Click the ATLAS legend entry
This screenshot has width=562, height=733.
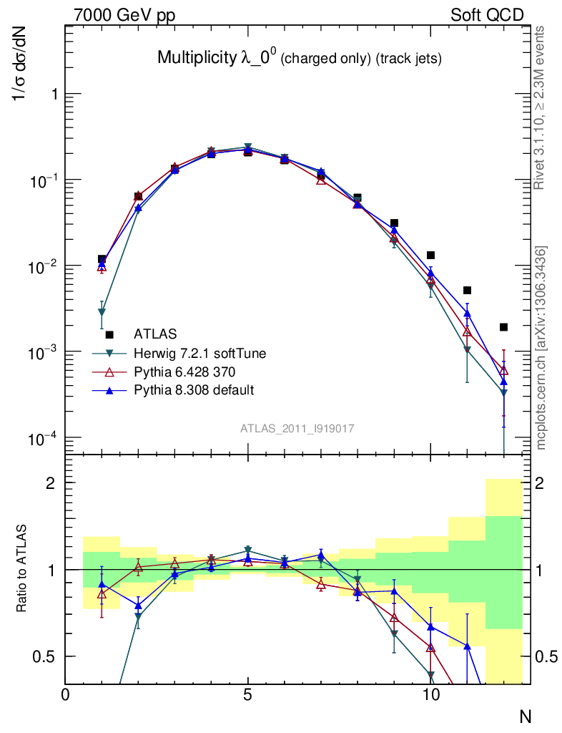(x=155, y=334)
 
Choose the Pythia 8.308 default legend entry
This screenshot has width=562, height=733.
(x=194, y=390)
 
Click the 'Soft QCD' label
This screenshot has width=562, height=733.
(x=487, y=15)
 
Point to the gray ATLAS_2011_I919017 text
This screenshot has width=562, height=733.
(x=297, y=428)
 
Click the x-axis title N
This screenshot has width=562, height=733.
(x=525, y=715)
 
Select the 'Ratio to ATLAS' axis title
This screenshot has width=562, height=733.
(x=21, y=569)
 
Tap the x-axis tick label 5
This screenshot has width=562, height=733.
(x=247, y=695)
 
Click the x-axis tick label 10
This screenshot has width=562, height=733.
(x=430, y=695)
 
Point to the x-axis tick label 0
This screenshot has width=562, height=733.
(x=65, y=695)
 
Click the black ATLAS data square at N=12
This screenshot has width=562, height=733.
(x=503, y=327)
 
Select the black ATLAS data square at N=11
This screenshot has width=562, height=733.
(x=467, y=290)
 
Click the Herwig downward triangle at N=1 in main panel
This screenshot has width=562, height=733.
(x=102, y=313)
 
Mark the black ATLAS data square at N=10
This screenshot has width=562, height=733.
(x=430, y=256)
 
